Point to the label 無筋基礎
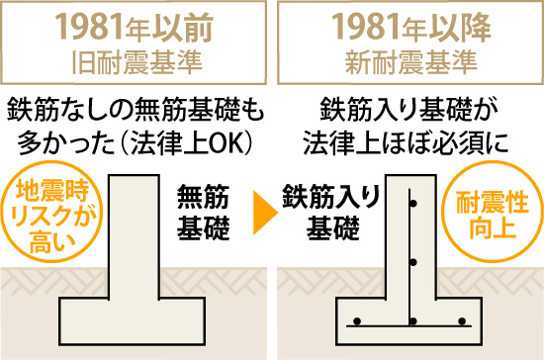click(203, 214)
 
